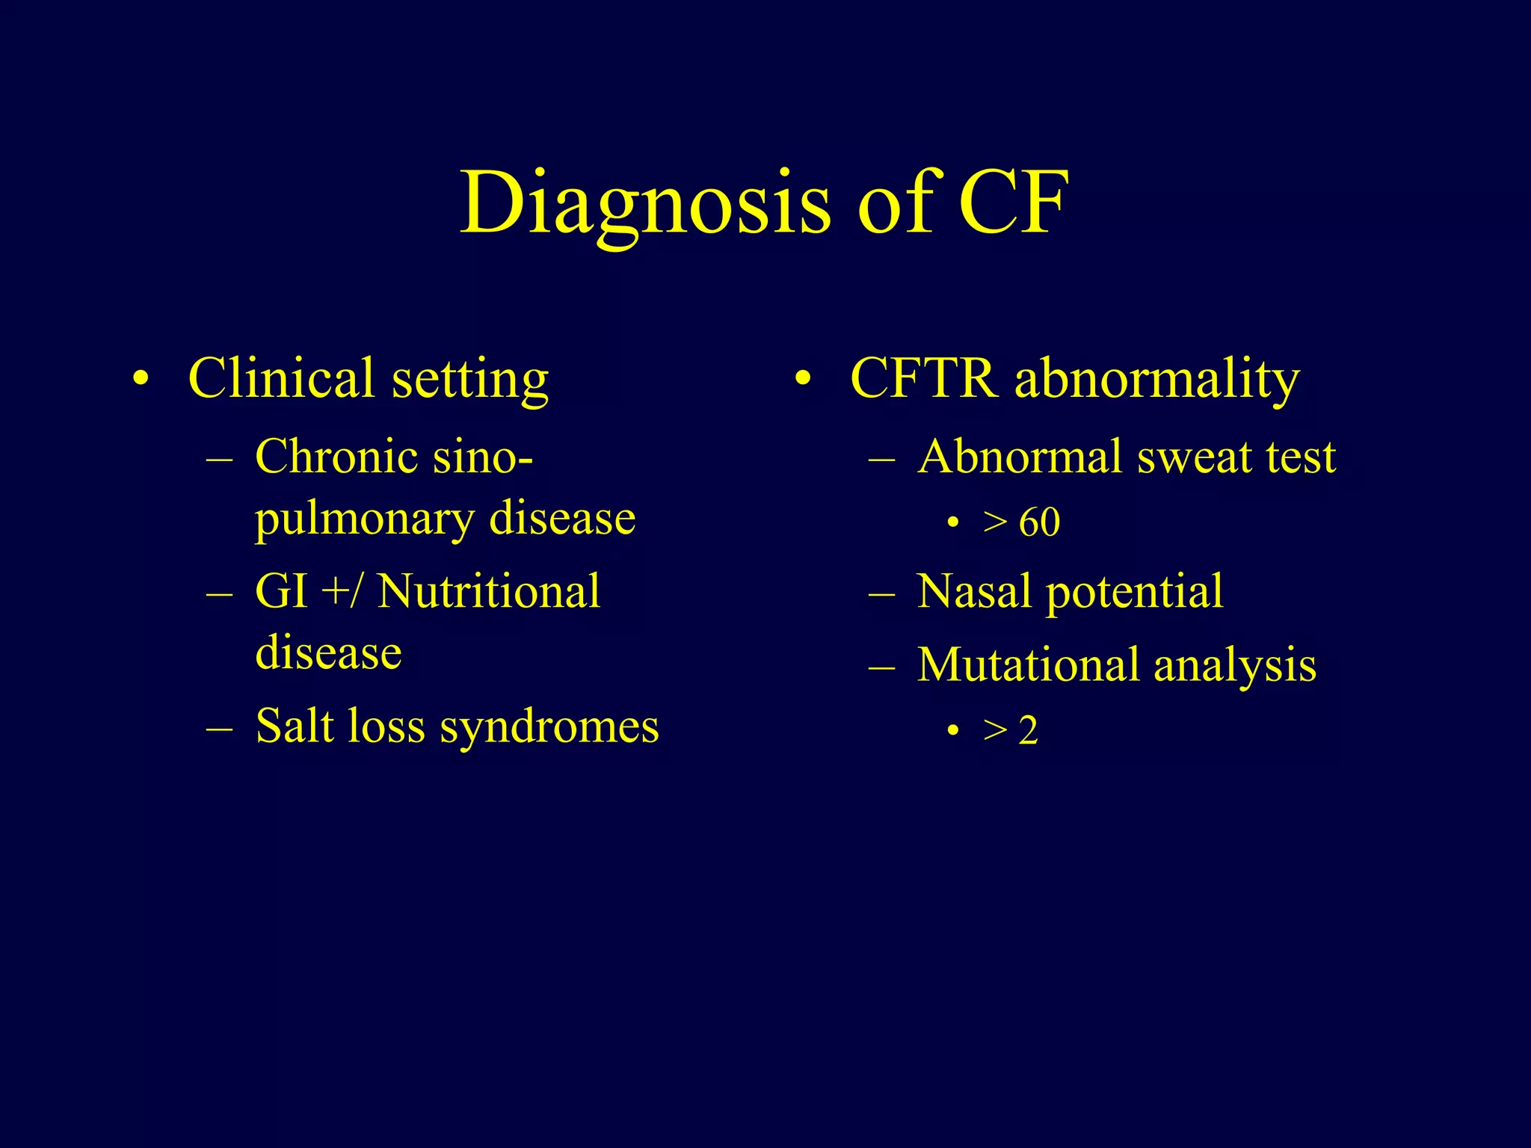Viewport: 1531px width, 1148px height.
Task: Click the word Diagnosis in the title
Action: coord(644,203)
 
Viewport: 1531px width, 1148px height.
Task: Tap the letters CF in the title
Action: coord(1013,202)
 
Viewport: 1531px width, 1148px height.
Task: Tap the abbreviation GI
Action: coord(281,591)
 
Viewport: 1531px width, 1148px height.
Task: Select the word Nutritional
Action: coord(488,591)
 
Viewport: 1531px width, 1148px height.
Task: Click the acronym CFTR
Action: coord(924,378)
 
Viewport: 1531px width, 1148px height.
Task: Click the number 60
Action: coord(1039,522)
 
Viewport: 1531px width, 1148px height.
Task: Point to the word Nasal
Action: coord(973,591)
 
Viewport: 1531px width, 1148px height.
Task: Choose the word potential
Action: coord(1134,593)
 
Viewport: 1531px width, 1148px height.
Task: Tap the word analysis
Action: coord(1234,666)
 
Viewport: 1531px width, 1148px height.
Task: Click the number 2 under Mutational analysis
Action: coord(1029,730)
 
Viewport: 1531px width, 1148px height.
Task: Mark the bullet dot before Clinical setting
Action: coord(140,379)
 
